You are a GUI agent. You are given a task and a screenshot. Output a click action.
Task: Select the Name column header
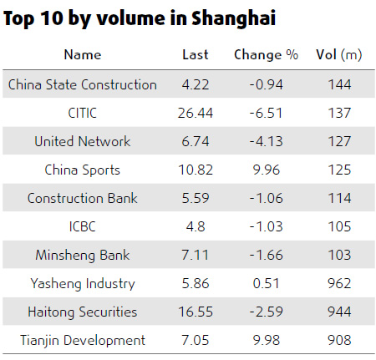tap(82, 55)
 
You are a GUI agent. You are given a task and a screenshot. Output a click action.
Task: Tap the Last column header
tap(196, 55)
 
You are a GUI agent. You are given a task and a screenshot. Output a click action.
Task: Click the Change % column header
tap(266, 55)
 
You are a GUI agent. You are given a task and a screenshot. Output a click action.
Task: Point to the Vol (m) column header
tap(339, 55)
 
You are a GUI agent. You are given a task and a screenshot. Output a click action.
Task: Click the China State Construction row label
tap(82, 84)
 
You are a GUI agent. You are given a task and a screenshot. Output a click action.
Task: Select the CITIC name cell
tap(82, 113)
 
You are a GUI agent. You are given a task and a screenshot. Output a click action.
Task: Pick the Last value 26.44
tap(196, 113)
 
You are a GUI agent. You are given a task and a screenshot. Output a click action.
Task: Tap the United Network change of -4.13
tap(266, 141)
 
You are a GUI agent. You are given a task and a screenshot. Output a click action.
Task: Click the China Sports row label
tap(82, 170)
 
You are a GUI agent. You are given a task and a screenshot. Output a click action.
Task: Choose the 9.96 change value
tap(266, 170)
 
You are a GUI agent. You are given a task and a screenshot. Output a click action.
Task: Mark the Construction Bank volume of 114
tap(339, 198)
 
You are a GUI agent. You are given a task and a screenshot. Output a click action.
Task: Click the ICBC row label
tap(82, 226)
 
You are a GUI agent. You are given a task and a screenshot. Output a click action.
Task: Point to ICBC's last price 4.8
tap(196, 226)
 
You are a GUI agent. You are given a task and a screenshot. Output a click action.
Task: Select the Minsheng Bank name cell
tap(82, 255)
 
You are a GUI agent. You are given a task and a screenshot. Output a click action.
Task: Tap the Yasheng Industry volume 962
tap(339, 283)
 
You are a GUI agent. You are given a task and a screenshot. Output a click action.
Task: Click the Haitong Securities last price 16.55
tap(196, 312)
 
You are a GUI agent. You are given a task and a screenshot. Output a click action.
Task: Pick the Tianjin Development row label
tap(82, 340)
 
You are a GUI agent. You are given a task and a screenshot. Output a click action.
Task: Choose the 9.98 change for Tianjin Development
tap(266, 340)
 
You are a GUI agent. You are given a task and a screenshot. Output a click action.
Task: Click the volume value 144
tap(339, 84)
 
